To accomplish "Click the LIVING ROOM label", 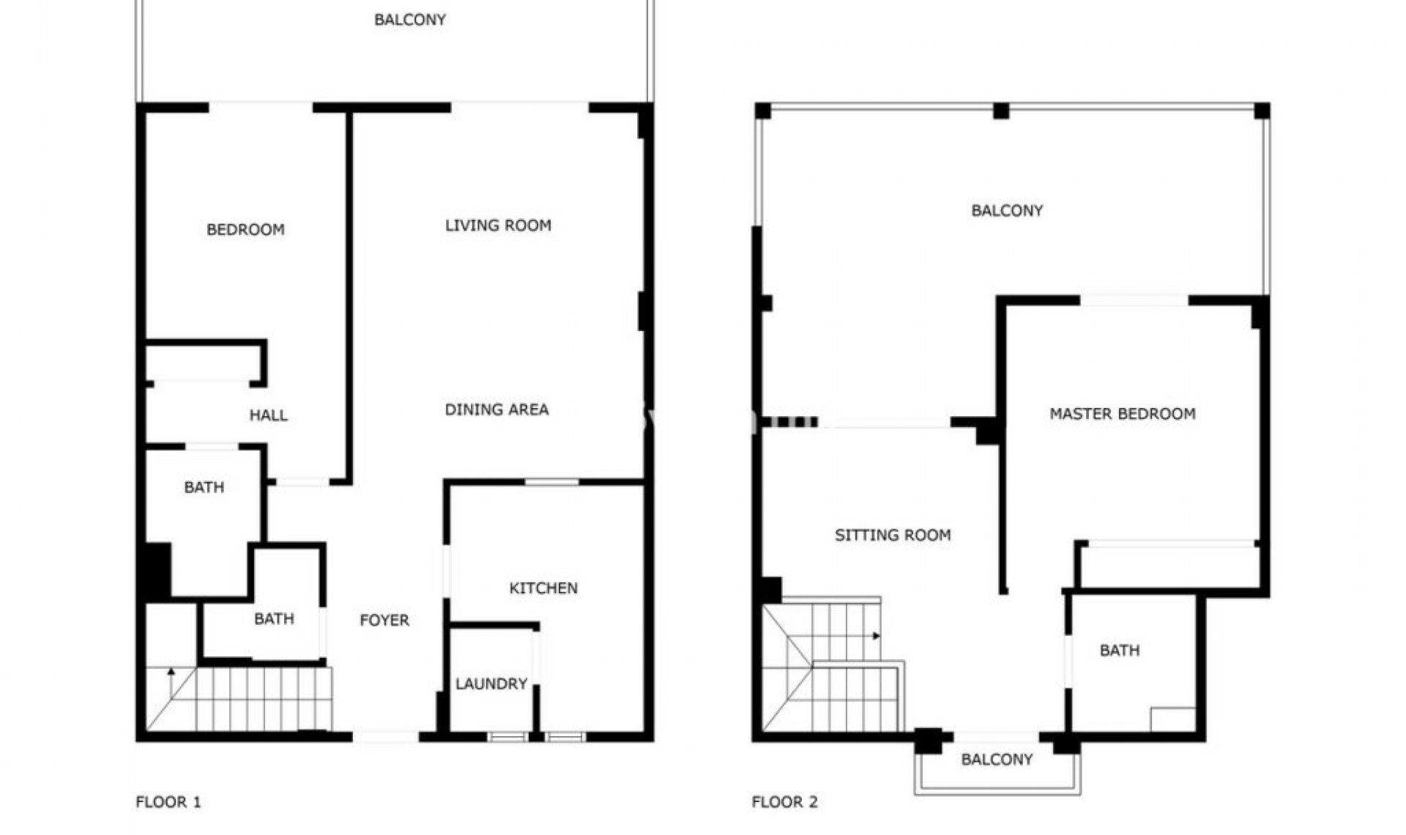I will pos(498,226).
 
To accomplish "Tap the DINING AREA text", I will pos(496,409).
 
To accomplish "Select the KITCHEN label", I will pos(543,588).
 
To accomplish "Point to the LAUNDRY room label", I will pos(491,684).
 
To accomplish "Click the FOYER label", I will pos(384,620).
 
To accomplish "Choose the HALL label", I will pos(268,416).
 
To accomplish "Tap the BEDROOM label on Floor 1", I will pos(245,230).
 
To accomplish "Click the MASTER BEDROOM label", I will pos(1123,414).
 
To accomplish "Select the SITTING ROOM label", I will pos(893,535).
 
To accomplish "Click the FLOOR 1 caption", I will pos(168,802).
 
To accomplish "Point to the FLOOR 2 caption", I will pos(784,802).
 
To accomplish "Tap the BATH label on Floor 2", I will pos(1120,650).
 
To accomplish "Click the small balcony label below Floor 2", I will pos(997,760).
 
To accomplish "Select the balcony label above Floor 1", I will pos(410,20).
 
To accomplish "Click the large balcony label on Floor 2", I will pos(1007,211).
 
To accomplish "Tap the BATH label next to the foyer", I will pos(274,619).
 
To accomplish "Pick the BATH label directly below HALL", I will pos(204,487).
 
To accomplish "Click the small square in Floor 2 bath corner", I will pos(1172,719).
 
